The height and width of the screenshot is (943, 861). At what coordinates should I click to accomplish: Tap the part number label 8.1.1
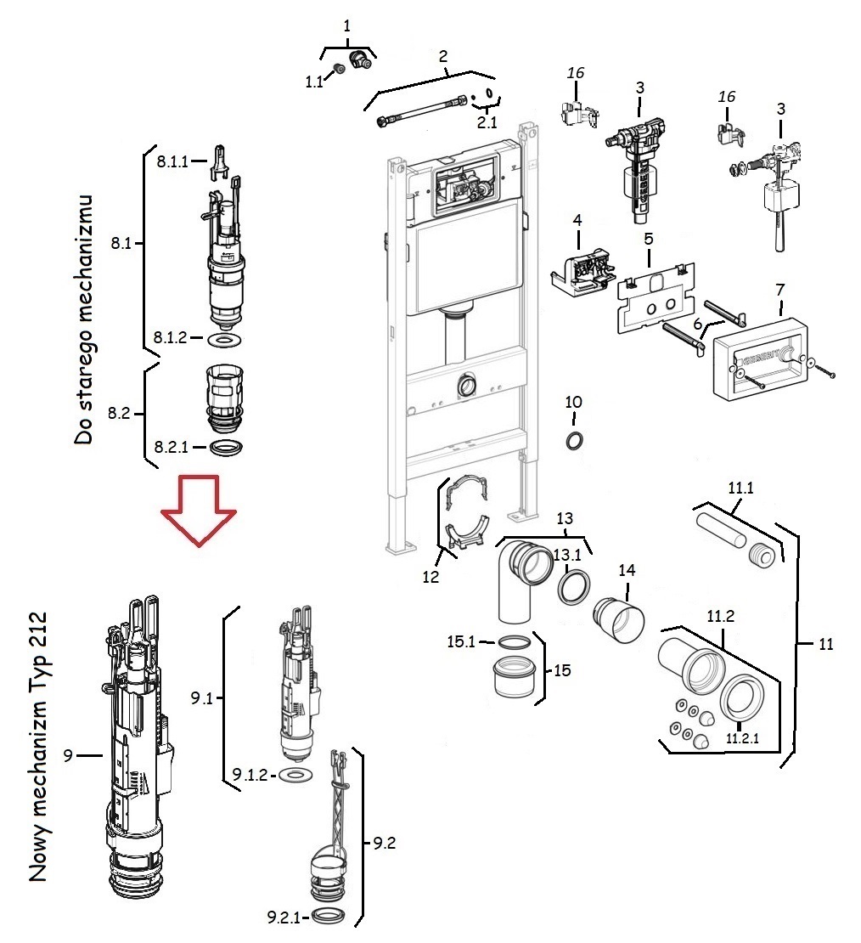click(172, 161)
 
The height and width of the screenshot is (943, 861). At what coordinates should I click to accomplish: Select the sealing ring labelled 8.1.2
click(224, 341)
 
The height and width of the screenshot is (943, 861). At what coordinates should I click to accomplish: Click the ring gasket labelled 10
click(574, 441)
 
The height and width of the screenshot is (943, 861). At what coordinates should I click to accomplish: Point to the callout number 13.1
click(567, 554)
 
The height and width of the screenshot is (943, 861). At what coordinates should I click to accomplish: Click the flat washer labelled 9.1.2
click(296, 775)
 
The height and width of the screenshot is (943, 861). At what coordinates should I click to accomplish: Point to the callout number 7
click(779, 290)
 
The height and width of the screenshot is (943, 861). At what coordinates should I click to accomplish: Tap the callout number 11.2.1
click(742, 738)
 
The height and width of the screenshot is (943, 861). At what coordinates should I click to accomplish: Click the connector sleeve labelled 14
click(619, 618)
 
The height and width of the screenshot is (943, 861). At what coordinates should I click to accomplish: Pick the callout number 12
click(430, 577)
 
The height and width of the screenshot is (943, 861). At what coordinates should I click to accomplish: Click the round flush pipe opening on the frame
click(465, 385)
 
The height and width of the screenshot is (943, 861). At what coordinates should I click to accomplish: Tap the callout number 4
click(577, 219)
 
